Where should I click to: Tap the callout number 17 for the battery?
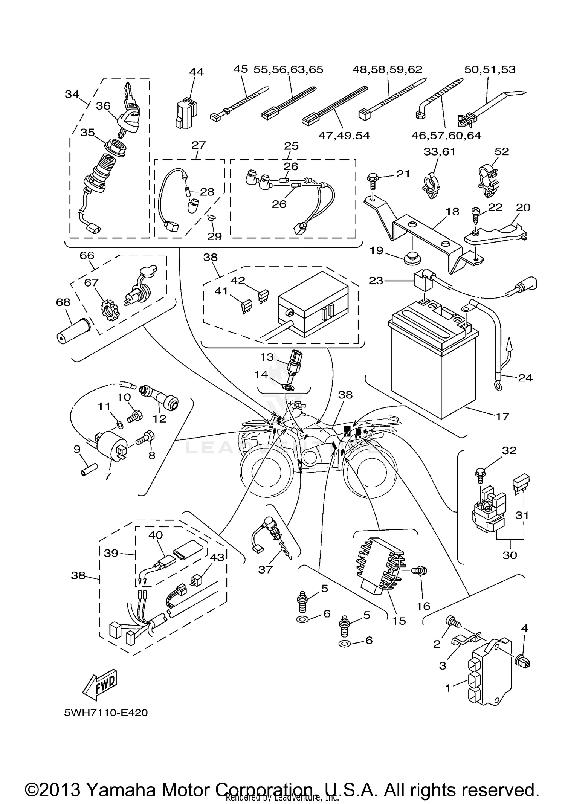(502, 416)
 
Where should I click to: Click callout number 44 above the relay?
(196, 72)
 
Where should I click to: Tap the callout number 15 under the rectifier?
(399, 621)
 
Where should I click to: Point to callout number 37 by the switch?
(265, 569)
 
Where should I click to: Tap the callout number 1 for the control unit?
(448, 688)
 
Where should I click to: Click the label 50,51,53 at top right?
(490, 69)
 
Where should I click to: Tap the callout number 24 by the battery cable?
(525, 377)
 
